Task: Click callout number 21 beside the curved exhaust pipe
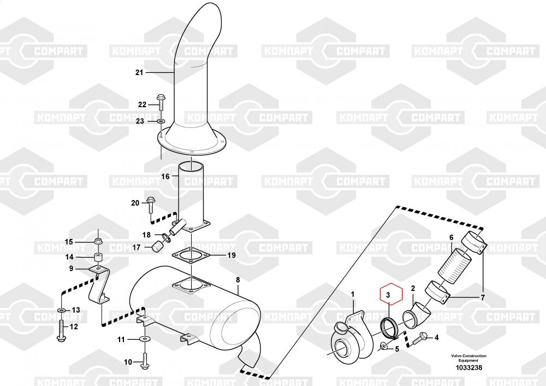pyautogui.click(x=139, y=73)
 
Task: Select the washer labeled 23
pyautogui.click(x=161, y=121)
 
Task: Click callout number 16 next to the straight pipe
pyautogui.click(x=165, y=177)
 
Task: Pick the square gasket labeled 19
pyautogui.click(x=191, y=255)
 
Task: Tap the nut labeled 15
pyautogui.click(x=98, y=241)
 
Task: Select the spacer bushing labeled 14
pyautogui.click(x=98, y=257)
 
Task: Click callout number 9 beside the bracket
pyautogui.click(x=70, y=268)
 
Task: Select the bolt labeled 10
pyautogui.click(x=144, y=361)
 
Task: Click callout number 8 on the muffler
pyautogui.click(x=238, y=280)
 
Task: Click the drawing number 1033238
pyautogui.click(x=469, y=368)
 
